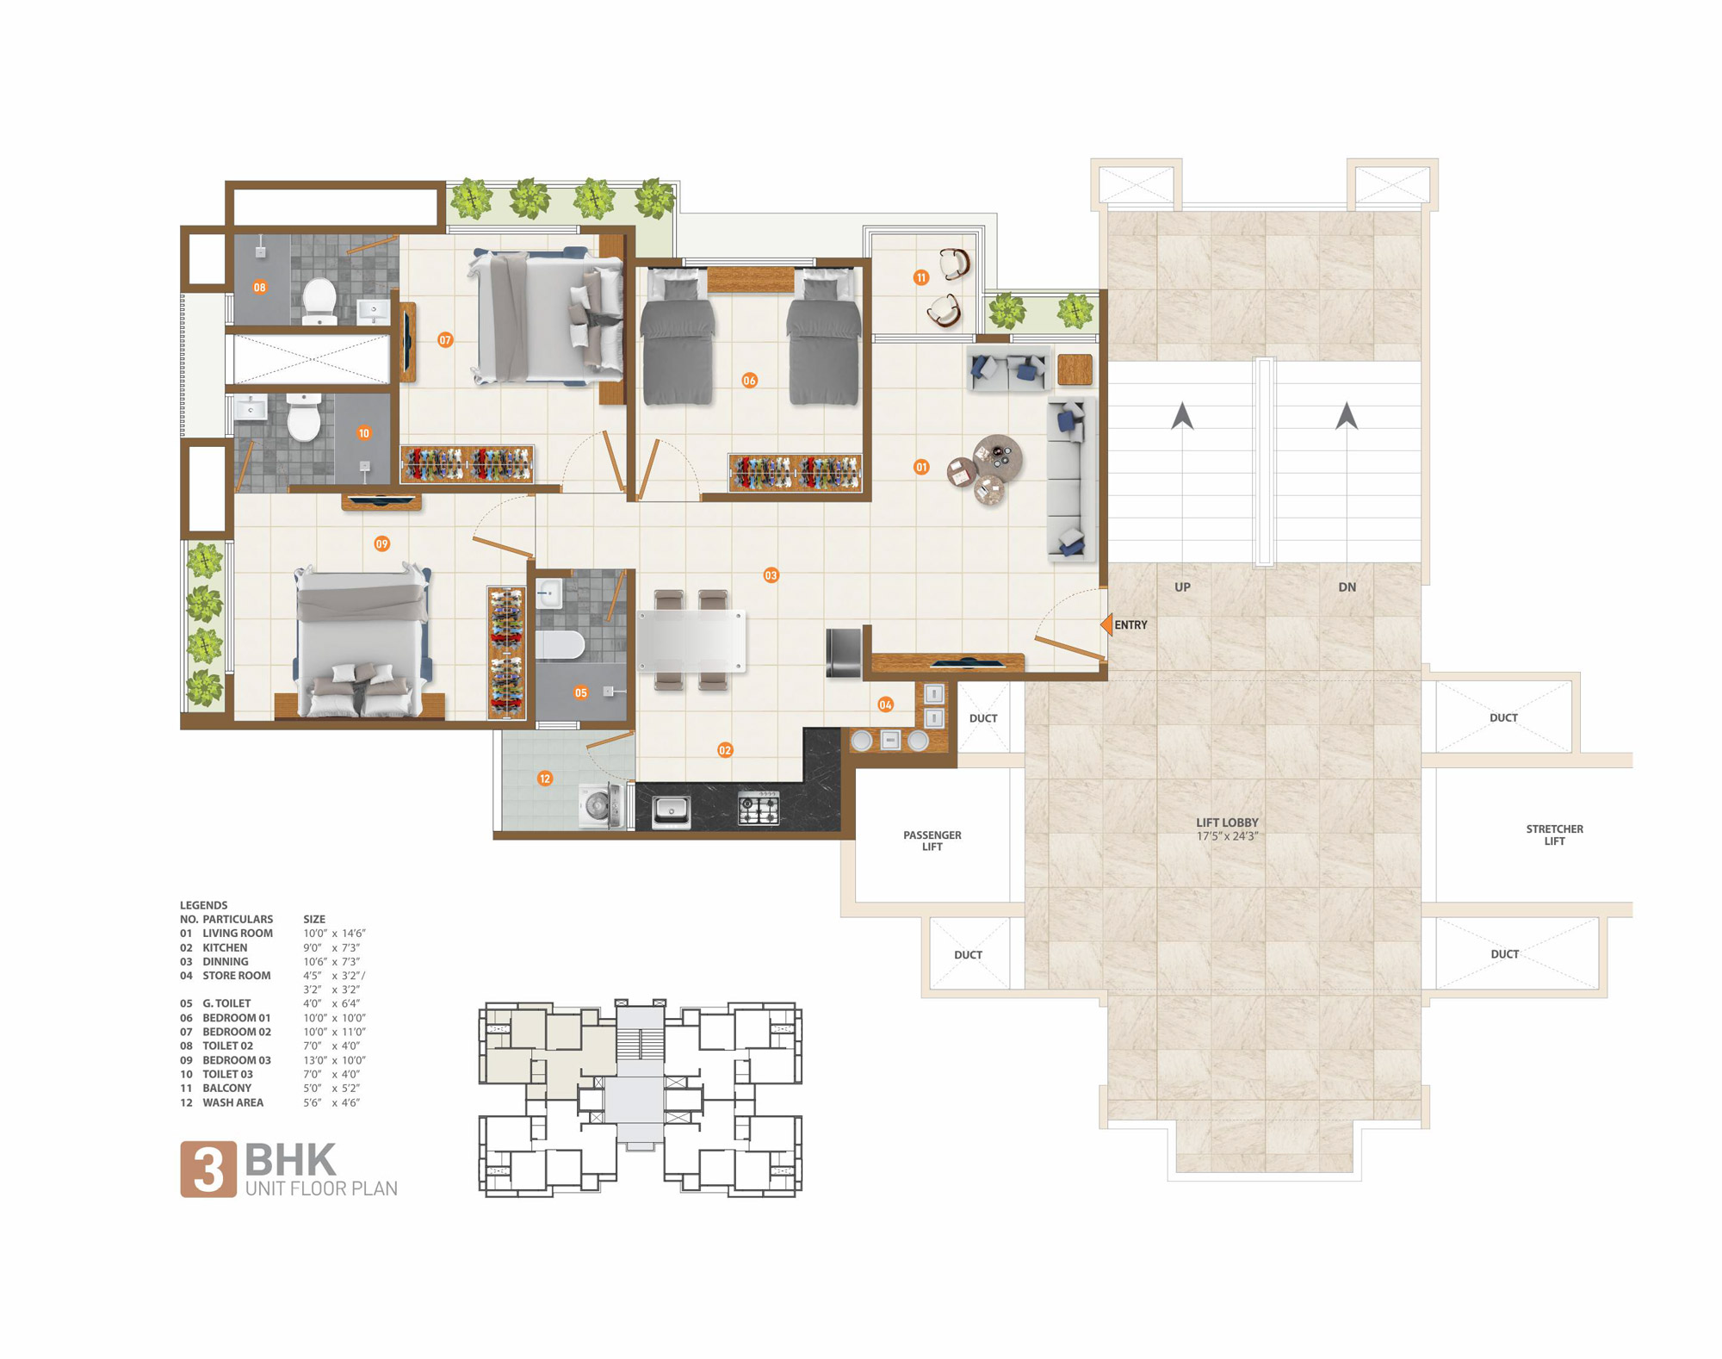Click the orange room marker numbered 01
(921, 467)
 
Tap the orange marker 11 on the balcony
(921, 277)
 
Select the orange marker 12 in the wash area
(544, 779)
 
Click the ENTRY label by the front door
(1130, 625)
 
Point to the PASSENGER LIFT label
(932, 841)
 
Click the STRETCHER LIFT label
(1554, 835)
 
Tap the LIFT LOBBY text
(1227, 822)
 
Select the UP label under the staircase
(1182, 587)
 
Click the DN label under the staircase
(1347, 587)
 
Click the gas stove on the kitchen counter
(759, 809)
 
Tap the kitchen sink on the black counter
(671, 810)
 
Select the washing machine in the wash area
(601, 806)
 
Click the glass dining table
(691, 640)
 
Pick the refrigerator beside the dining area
(844, 653)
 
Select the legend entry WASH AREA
(232, 1102)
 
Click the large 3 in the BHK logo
(208, 1170)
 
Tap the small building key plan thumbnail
(640, 1098)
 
